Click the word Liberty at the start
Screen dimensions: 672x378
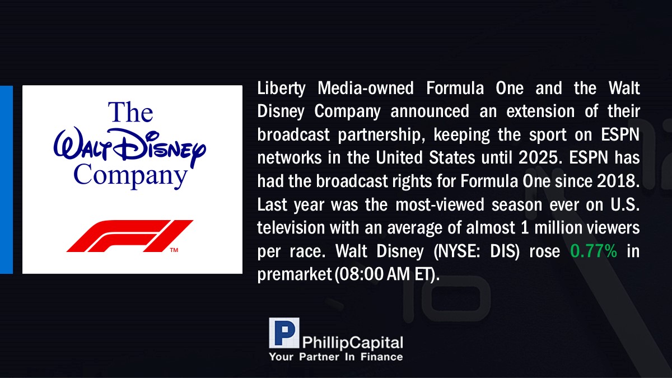pyautogui.click(x=281, y=89)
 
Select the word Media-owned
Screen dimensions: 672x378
pyautogui.click(x=365, y=88)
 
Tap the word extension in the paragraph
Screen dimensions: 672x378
pyautogui.click(x=540, y=111)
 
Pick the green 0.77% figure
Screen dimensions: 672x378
pyautogui.click(x=594, y=251)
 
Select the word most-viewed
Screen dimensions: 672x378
pyautogui.click(x=440, y=204)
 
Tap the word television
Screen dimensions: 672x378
pyautogui.click(x=291, y=228)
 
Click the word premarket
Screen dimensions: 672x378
pyautogui.click(x=295, y=275)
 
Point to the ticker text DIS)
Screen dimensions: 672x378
pyautogui.click(x=505, y=251)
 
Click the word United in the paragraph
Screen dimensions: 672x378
pyautogui.click(x=399, y=157)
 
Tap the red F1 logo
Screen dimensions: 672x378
pyautogui.click(x=129, y=236)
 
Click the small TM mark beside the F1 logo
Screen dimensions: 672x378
pyautogui.click(x=174, y=250)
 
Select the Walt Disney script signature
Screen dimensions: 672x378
pyautogui.click(x=129, y=146)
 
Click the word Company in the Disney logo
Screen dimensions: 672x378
pyautogui.click(x=130, y=176)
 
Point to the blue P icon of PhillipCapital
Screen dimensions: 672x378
pyautogui.click(x=284, y=333)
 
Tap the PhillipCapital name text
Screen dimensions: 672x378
pyautogui.click(x=352, y=343)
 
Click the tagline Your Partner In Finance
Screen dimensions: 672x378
pyautogui.click(x=335, y=357)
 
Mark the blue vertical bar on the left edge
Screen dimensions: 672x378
pyautogui.click(x=6, y=180)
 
